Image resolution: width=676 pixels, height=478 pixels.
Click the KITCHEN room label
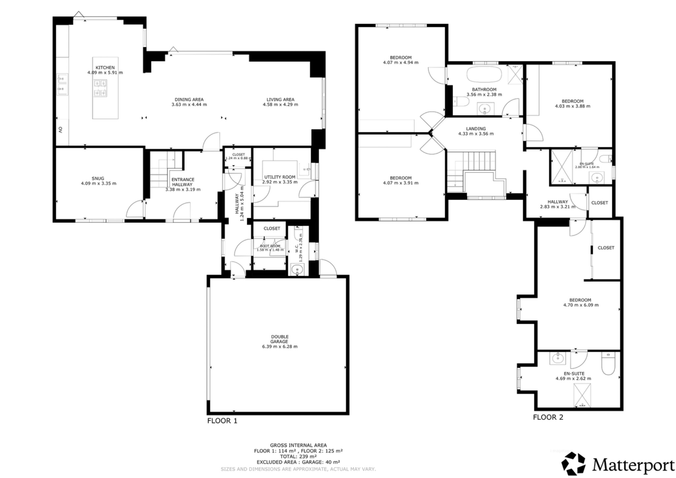tap(105, 67)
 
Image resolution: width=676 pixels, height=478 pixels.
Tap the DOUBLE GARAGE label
tap(279, 339)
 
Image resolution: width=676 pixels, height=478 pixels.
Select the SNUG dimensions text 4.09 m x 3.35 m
tap(98, 184)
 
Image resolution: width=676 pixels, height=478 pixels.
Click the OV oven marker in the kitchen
tap(61, 130)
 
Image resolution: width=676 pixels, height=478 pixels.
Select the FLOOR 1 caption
tap(222, 421)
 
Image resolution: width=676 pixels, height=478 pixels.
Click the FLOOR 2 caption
tap(548, 417)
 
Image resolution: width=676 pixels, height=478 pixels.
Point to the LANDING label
tap(476, 129)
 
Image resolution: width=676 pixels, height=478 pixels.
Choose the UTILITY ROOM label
tap(280, 177)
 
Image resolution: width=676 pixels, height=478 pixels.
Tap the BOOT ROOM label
tap(270, 246)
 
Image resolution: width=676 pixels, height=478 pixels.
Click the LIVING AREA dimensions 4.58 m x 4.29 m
tap(280, 105)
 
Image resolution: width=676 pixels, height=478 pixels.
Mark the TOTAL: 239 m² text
tap(298, 457)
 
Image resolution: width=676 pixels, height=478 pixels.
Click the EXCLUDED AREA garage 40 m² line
tap(298, 462)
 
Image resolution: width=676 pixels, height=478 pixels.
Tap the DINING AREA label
tap(189, 99)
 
